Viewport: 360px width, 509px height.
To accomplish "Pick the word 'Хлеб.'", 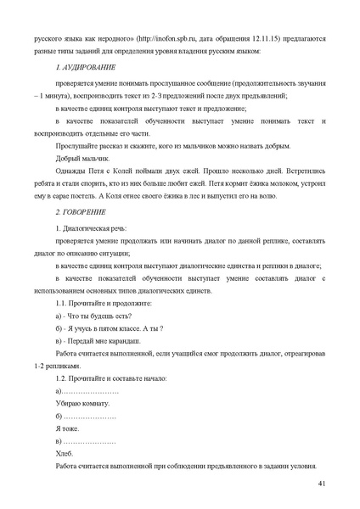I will tap(64, 455).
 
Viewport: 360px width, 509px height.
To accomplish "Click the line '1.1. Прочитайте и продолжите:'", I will tap(102, 303).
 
